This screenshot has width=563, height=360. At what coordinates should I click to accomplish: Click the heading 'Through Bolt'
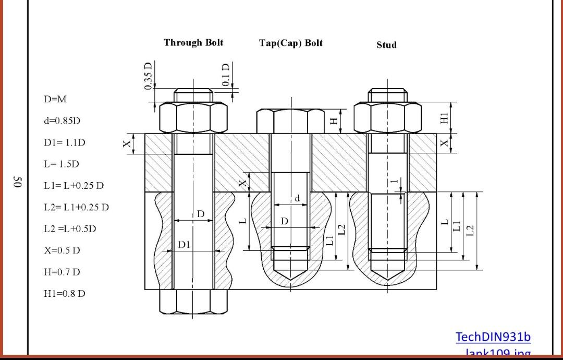pos(193,43)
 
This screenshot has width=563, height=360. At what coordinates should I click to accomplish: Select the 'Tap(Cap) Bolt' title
pos(290,43)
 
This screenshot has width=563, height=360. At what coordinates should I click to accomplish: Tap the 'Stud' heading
pos(386,45)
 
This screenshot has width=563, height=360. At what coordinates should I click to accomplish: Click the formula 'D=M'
pos(55,99)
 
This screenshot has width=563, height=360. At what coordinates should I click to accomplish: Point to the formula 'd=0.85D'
pos(62,121)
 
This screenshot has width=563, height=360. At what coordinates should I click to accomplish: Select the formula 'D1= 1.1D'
pos(64,142)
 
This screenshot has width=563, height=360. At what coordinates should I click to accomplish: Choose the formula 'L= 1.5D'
pos(62,164)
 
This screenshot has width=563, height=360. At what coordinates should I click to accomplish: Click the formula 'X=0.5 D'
pos(62,250)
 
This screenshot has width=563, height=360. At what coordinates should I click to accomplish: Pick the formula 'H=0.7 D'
pos(62,272)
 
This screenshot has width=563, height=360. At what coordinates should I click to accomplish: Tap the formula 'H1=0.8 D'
pos(65,293)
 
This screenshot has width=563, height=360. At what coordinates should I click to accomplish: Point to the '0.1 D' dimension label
pos(226,75)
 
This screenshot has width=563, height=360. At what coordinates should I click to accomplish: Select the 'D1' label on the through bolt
pos(185,244)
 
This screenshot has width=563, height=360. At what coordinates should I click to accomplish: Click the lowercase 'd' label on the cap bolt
pos(297,198)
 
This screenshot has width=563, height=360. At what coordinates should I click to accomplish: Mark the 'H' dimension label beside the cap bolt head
pos(334,121)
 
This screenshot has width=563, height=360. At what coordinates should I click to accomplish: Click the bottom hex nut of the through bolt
pos(193,302)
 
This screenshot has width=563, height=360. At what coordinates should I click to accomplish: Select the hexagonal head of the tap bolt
pos(290,122)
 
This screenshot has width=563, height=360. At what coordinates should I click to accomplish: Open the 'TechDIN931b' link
pos(493,337)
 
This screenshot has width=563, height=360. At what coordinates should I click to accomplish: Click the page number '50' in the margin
pos(17,182)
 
